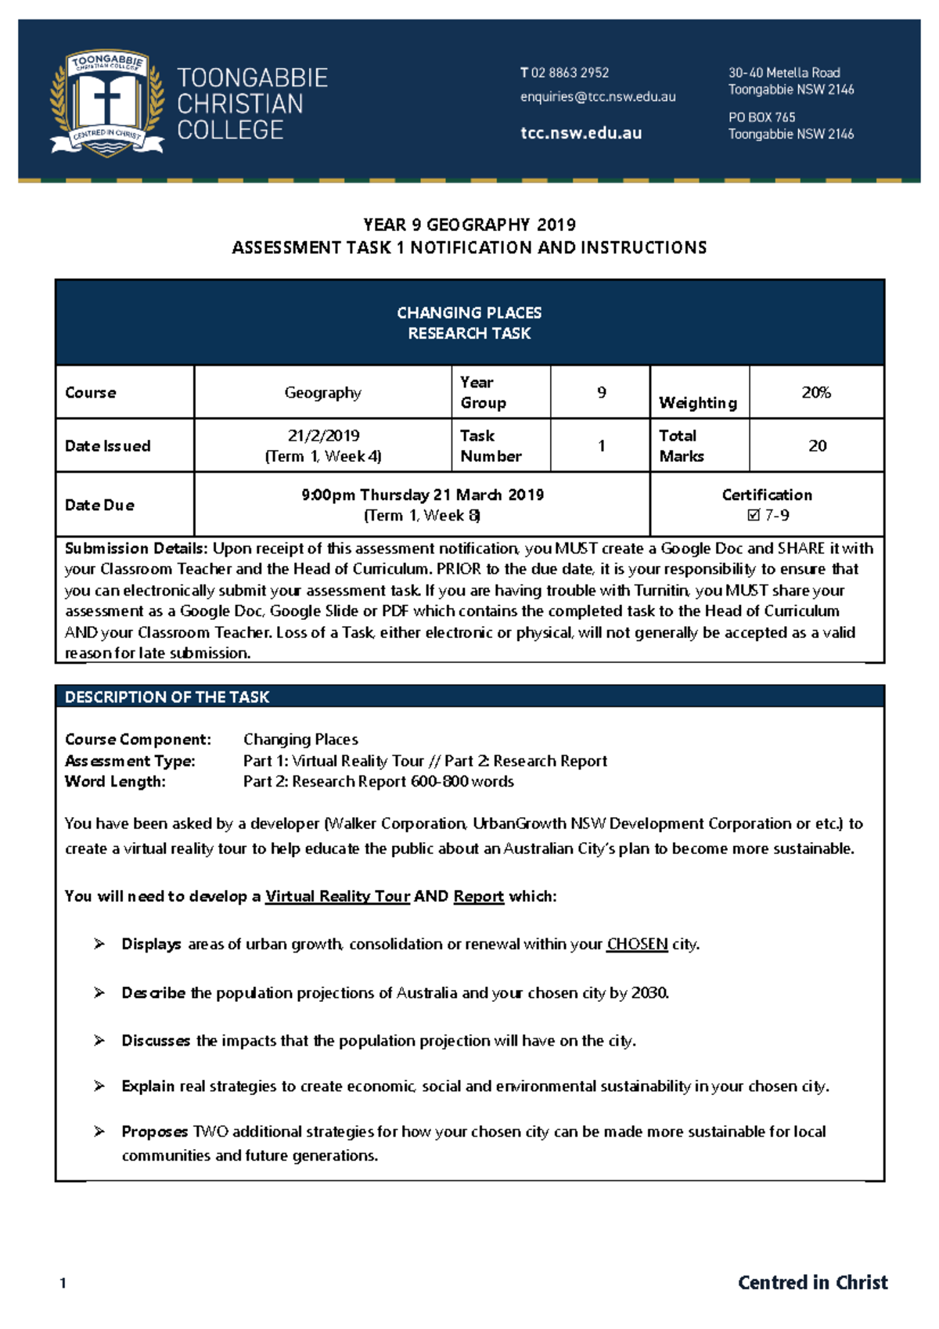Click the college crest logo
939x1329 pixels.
107,103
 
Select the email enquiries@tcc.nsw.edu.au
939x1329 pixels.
598,97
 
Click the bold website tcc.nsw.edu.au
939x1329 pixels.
581,133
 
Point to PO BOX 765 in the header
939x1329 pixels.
761,117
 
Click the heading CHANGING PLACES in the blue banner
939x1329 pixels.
469,312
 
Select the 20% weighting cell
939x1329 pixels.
815,392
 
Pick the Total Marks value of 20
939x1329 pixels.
817,445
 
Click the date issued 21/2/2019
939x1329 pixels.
323,435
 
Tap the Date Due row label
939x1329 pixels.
99,505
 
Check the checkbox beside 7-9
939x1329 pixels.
754,515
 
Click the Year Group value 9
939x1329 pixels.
601,392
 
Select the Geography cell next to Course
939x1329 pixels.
322,392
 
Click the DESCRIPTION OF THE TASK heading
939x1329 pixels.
167,697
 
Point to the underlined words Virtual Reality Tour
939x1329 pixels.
337,896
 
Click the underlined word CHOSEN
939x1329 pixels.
637,944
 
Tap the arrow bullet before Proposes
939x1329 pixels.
99,1131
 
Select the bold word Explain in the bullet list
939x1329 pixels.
148,1086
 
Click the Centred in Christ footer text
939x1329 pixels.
812,1282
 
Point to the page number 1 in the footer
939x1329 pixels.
63,1283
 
